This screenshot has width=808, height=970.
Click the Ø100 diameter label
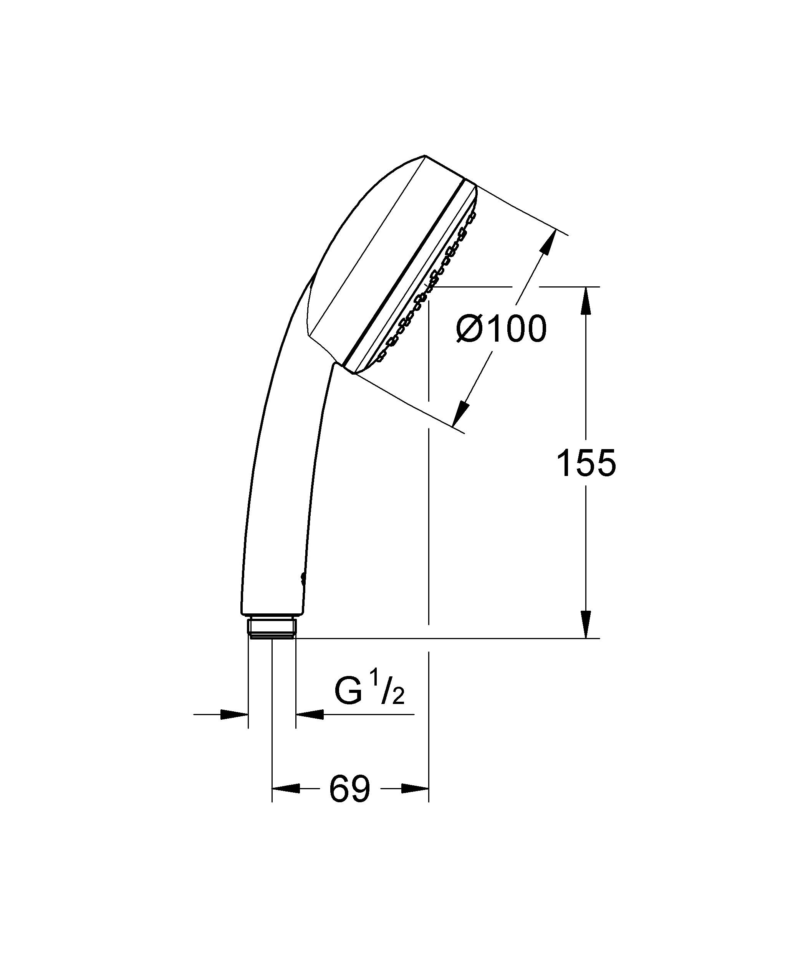[501, 329]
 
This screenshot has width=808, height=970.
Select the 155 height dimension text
[586, 463]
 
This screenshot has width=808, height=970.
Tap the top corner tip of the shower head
[424, 156]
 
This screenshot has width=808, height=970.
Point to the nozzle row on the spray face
[427, 286]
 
